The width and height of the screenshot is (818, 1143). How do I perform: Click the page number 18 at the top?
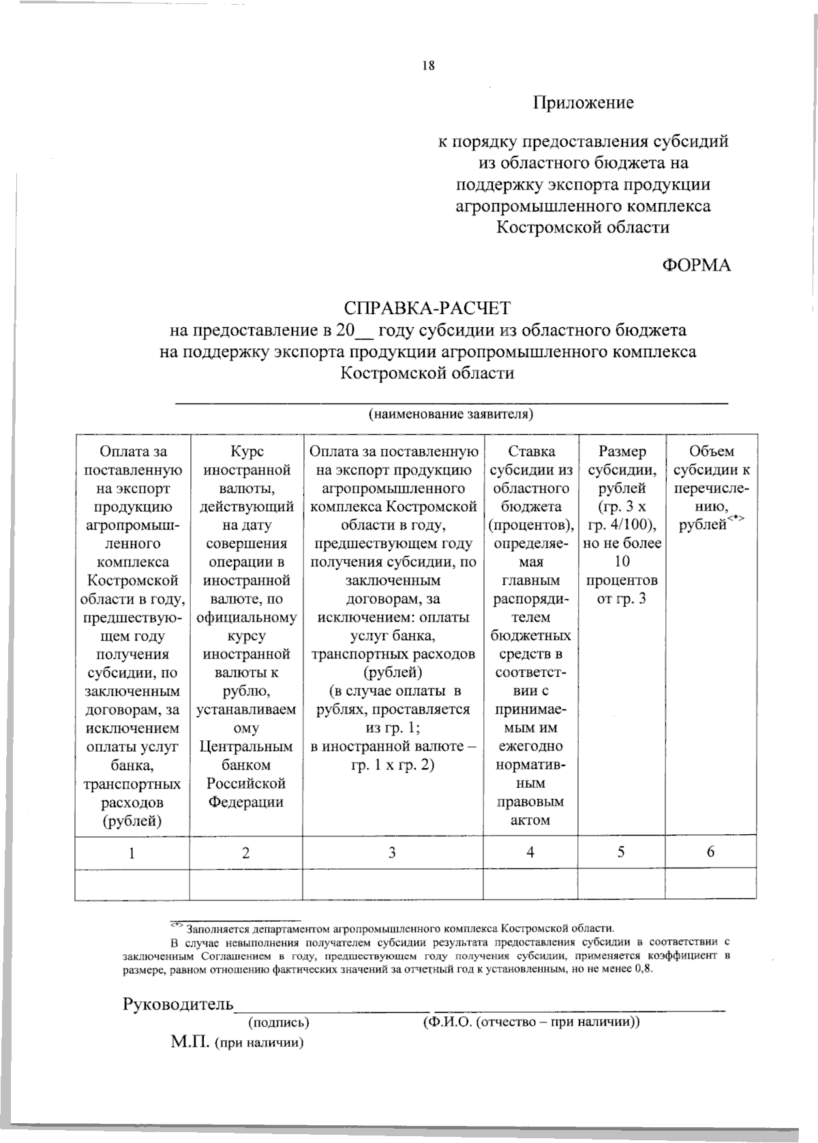click(x=428, y=66)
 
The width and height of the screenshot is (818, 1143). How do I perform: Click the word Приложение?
click(x=583, y=103)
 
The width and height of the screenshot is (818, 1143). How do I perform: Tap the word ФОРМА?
click(x=696, y=265)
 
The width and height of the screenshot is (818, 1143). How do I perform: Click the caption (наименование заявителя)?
click(x=450, y=414)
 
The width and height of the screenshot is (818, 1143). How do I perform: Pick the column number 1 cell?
click(x=132, y=852)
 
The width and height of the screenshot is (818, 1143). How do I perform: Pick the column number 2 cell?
click(x=245, y=852)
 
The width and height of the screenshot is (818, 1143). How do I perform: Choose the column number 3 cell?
click(x=392, y=852)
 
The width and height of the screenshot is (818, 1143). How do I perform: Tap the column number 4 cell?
click(x=530, y=852)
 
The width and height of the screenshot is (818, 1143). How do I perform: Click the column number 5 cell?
click(x=621, y=852)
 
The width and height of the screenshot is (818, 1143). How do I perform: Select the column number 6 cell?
click(x=710, y=852)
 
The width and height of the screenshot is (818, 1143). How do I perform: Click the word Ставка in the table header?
click(x=531, y=452)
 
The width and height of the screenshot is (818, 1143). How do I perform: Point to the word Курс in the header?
click(x=246, y=452)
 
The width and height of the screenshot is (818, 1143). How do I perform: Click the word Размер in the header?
click(x=622, y=452)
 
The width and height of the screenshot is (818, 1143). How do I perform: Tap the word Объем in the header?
click(x=711, y=452)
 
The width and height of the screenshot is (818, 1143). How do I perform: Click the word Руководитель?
click(x=178, y=1005)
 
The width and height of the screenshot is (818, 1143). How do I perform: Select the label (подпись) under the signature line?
click(x=279, y=1023)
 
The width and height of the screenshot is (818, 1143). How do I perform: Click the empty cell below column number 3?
click(x=392, y=885)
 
